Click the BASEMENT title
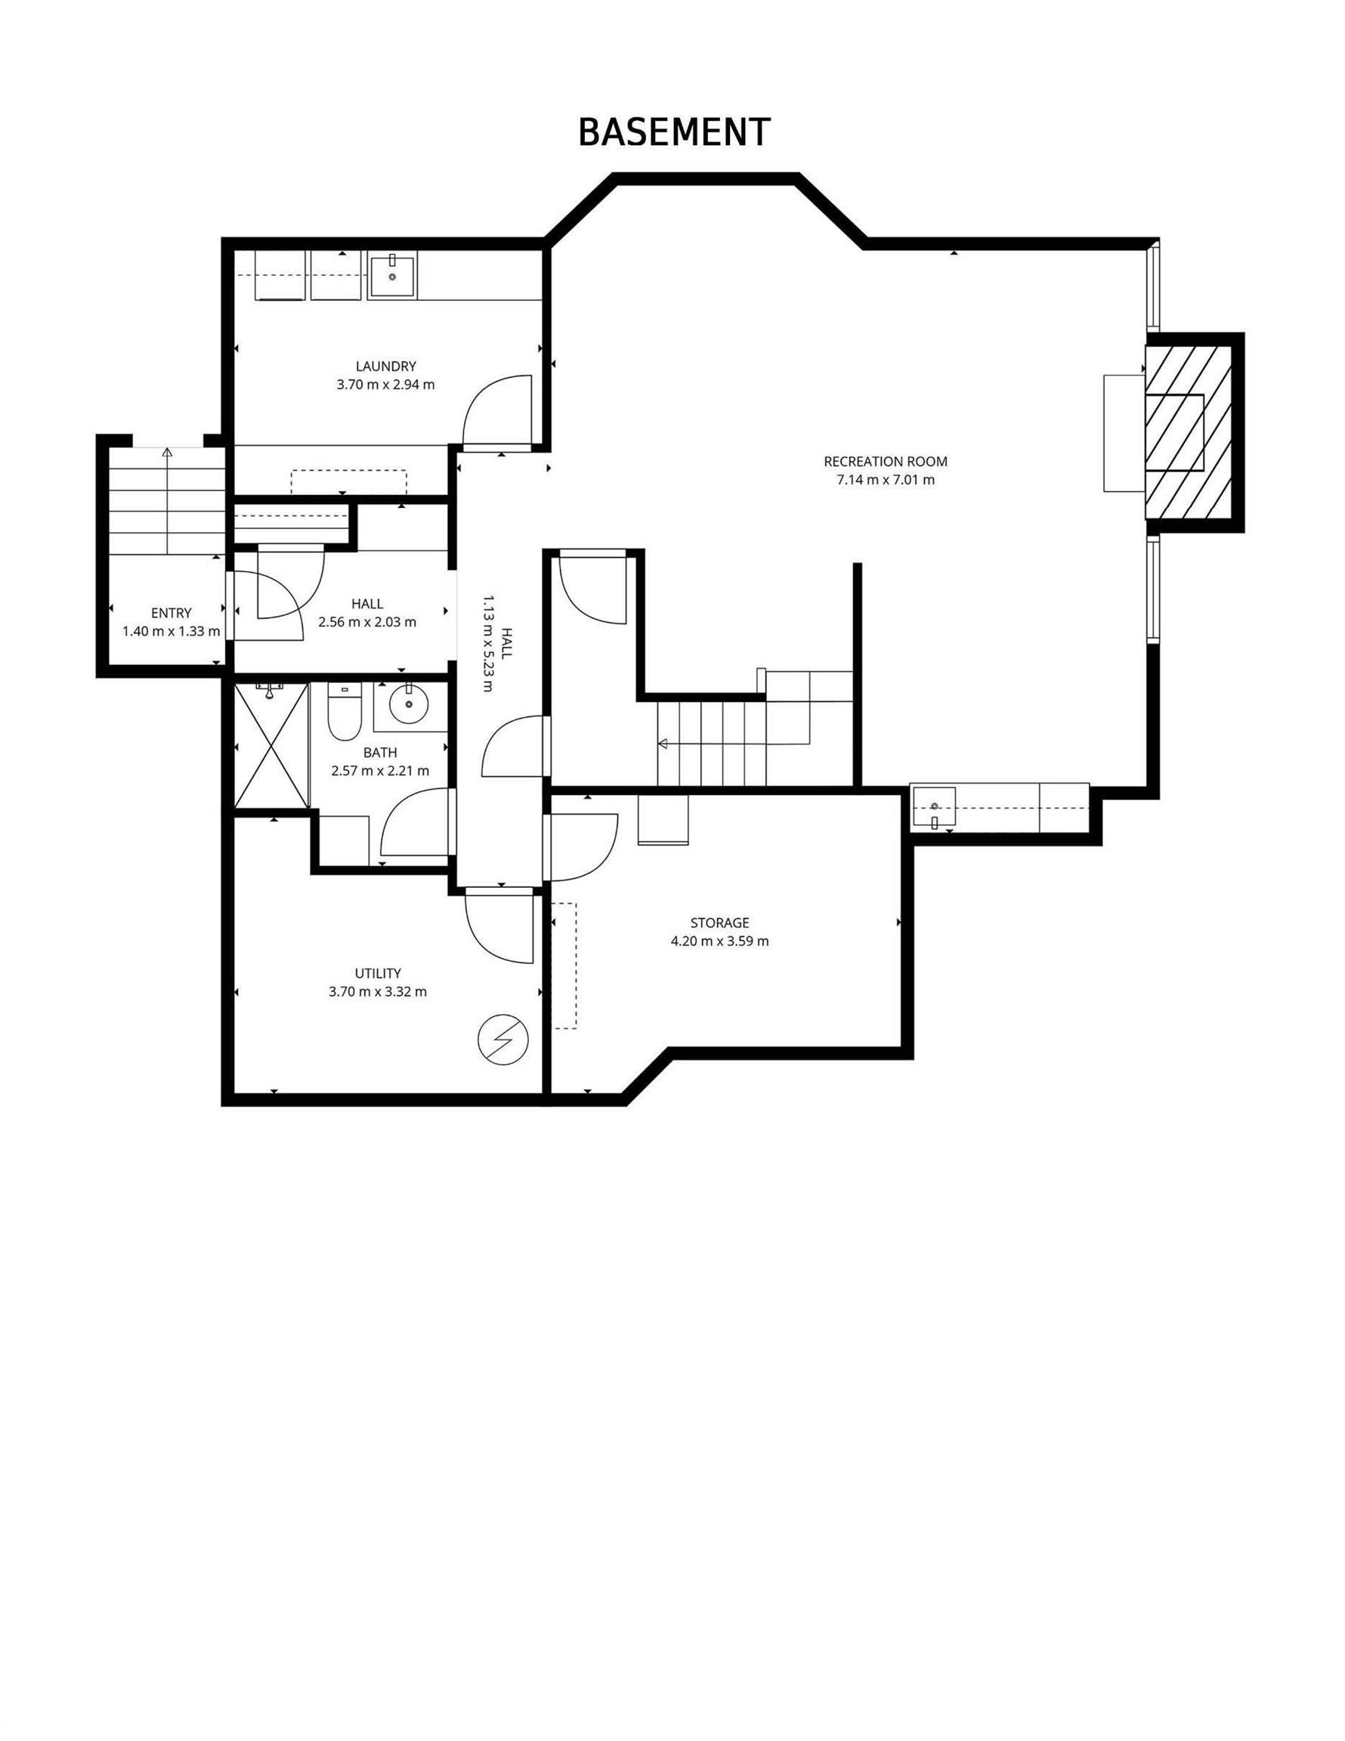coord(674,132)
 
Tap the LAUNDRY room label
coord(386,366)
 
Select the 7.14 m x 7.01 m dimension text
coord(885,480)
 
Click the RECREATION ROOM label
coord(885,462)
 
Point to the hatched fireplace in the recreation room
coord(1189,432)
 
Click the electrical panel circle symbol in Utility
coord(503,1041)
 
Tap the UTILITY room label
coord(378,973)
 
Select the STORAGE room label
coord(720,923)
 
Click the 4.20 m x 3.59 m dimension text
coord(720,941)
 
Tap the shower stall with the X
coord(272,745)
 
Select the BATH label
coord(379,753)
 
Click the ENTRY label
coord(172,613)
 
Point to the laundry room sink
coord(391,275)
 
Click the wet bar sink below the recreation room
coord(934,807)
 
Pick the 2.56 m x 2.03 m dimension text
coord(367,622)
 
